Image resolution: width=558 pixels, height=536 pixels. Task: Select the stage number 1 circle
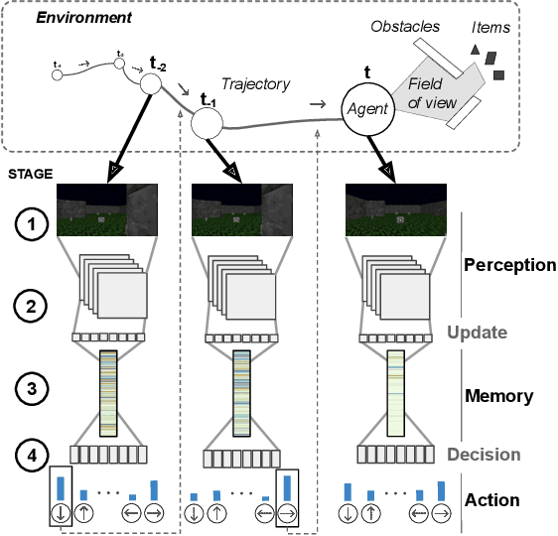(32, 226)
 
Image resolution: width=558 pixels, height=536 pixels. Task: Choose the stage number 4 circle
(32, 457)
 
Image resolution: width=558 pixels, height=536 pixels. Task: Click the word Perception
(509, 265)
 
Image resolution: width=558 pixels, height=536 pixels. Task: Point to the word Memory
(499, 396)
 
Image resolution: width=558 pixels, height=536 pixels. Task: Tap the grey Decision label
(484, 455)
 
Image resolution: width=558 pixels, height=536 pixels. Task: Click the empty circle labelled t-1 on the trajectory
(209, 122)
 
